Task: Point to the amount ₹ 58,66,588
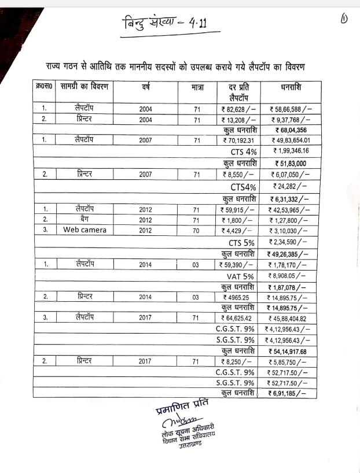coord(291,109)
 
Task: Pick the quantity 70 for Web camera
coord(196,230)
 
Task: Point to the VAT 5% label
coord(242,275)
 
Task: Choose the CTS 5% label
coord(242,242)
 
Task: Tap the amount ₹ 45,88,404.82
coord(291,318)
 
